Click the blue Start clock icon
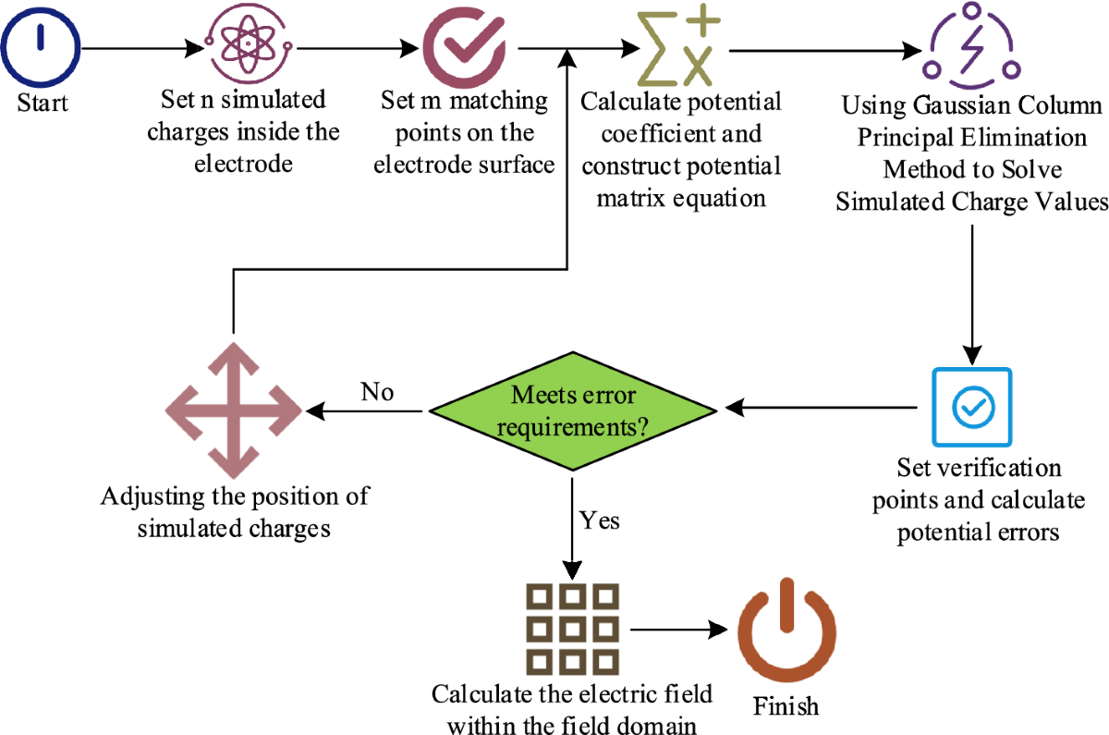[41, 43]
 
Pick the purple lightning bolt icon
[972, 44]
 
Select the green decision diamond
[571, 408]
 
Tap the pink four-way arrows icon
[233, 408]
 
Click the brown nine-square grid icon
[570, 628]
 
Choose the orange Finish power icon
[786, 631]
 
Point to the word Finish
[786, 706]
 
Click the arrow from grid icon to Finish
[678, 630]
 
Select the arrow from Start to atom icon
[143, 46]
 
